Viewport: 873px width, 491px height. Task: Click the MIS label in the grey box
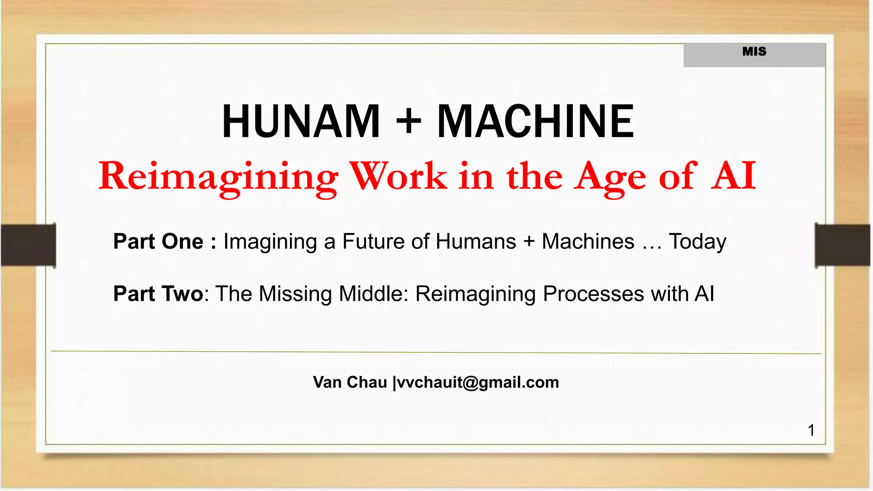pos(754,52)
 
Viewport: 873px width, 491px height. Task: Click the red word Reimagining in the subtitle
pos(218,176)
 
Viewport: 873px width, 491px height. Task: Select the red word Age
pos(610,176)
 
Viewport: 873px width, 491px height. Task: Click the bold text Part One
pos(158,241)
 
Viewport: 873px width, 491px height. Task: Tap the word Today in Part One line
pos(698,242)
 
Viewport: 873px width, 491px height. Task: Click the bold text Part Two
pos(158,294)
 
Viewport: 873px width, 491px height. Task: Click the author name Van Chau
pos(350,382)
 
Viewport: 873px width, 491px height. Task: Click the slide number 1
pos(811,430)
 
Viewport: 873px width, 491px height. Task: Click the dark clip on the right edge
pos(842,245)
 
